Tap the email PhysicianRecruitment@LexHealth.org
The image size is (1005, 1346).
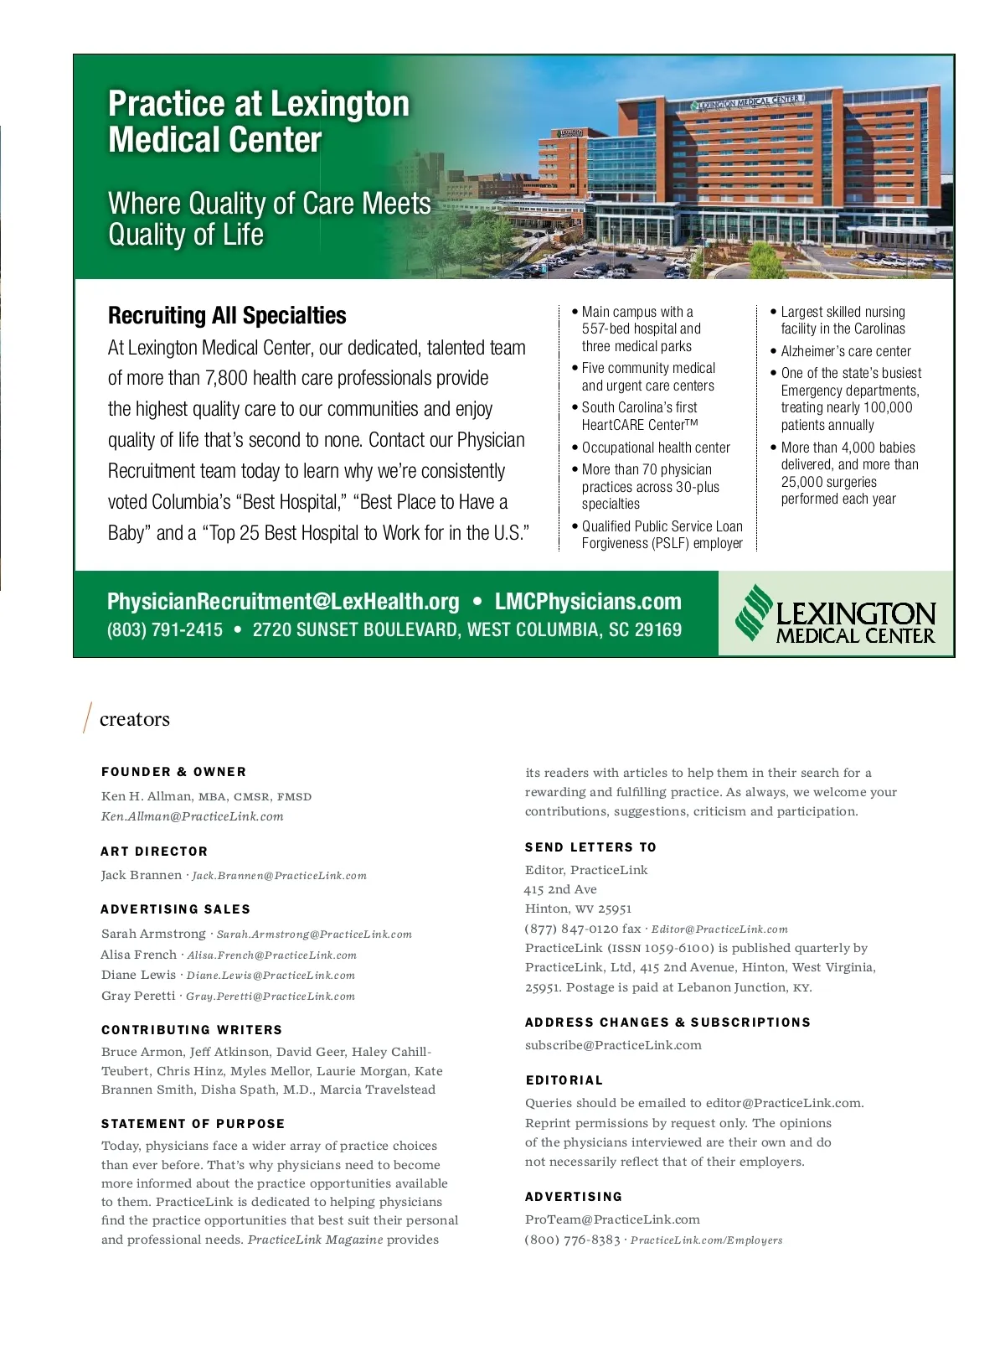pos(283,602)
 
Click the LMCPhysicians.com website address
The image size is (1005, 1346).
pos(588,602)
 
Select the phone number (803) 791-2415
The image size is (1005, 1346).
pos(165,630)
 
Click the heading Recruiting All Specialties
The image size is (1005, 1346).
pos(227,316)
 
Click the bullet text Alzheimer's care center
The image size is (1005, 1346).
pos(846,351)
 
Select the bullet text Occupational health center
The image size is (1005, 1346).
pos(656,448)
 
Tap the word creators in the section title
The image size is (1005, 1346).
pos(134,719)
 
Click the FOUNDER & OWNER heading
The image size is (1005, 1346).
pos(174,772)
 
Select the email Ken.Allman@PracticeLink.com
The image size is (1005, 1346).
pos(193,816)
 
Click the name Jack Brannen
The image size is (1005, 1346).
pos(141,875)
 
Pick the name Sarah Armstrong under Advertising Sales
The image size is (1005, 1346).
pos(153,934)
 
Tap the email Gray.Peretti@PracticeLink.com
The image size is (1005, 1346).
pos(271,997)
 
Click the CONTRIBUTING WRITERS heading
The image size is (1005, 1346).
pos(192,1030)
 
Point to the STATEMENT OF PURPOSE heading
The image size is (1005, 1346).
pos(193,1124)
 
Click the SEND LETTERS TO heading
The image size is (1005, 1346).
pos(590,847)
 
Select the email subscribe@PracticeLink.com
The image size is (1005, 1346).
pos(613,1045)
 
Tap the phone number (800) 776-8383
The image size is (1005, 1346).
pos(573,1240)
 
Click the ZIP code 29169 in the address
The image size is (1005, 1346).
pos(659,630)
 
